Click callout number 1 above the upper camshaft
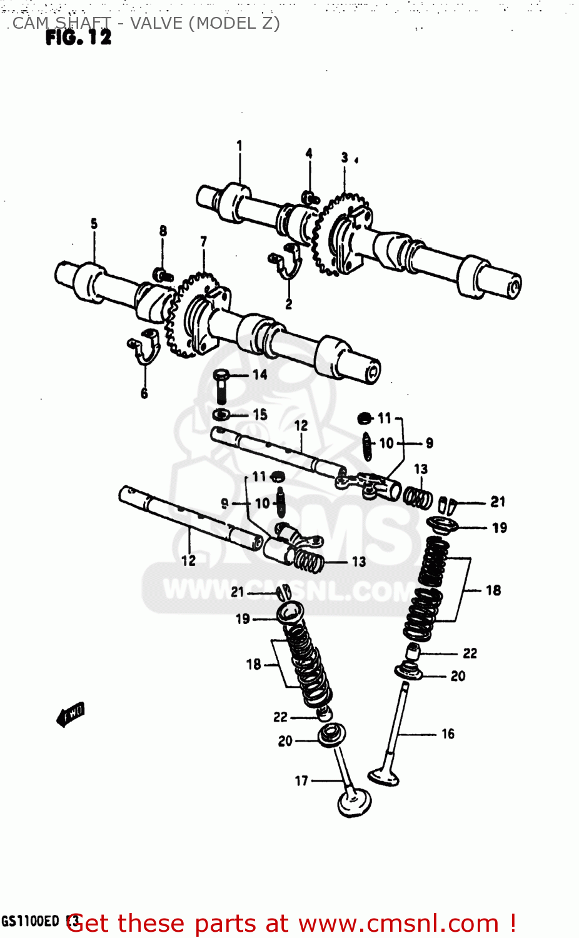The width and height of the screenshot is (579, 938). click(x=239, y=146)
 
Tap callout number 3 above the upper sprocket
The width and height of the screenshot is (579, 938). click(x=345, y=158)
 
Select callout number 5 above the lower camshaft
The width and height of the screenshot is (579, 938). click(x=94, y=223)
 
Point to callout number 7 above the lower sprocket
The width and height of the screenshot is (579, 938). click(x=203, y=241)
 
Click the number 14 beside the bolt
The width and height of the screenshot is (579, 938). click(x=260, y=375)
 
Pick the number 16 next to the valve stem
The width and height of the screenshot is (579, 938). click(x=448, y=734)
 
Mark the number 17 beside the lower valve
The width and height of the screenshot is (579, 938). click(x=301, y=780)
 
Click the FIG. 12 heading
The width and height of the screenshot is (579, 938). click(x=78, y=38)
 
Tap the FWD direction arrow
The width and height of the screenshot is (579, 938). click(x=71, y=714)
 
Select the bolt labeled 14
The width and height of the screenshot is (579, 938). click(x=221, y=385)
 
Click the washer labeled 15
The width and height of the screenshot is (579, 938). click(x=221, y=414)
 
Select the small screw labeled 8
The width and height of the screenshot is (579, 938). click(x=163, y=274)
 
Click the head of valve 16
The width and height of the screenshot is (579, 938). click(x=383, y=777)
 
